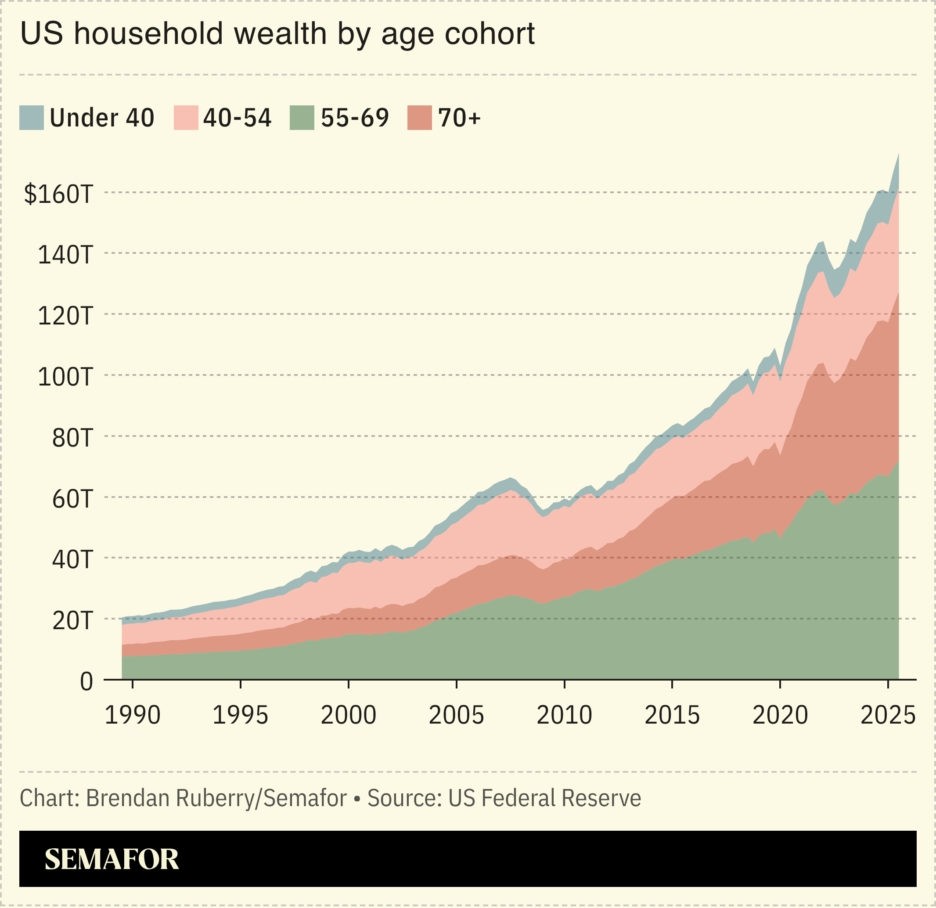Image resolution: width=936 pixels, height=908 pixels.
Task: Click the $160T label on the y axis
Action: pos(58,195)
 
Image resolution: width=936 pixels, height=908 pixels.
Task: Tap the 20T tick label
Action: pos(72,621)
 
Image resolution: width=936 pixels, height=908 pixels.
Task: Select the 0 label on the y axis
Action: pos(86,682)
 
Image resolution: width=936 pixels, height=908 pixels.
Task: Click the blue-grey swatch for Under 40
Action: pos(32,118)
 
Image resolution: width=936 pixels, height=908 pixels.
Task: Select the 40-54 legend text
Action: pos(238,118)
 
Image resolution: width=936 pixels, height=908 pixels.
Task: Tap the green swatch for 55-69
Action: pos(302,118)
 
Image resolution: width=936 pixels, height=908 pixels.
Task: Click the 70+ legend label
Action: pos(459,118)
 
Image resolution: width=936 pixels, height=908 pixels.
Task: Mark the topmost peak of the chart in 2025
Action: pos(899,155)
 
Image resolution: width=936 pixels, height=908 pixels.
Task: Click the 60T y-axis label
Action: pos(72,499)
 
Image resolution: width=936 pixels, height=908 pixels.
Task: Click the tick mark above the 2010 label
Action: pos(565,684)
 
